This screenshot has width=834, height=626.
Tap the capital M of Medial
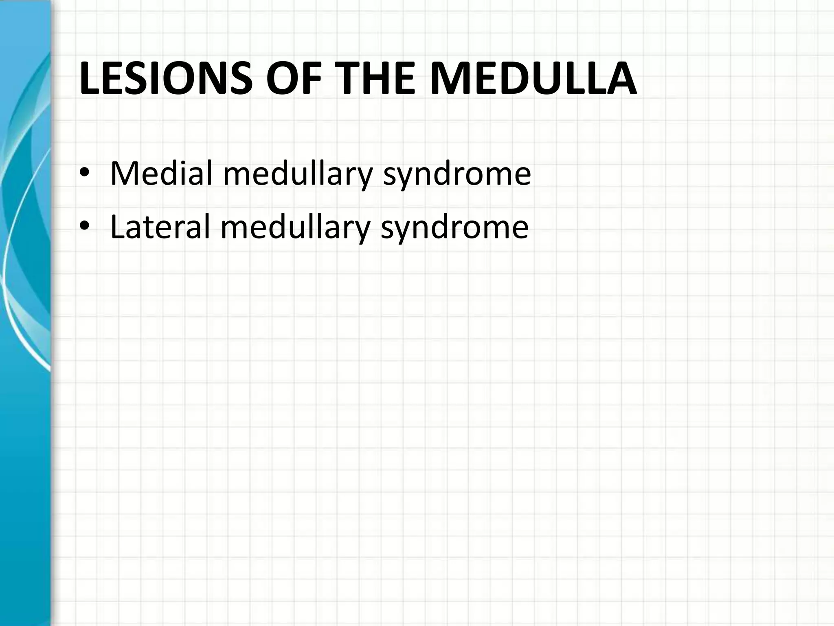click(124, 173)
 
